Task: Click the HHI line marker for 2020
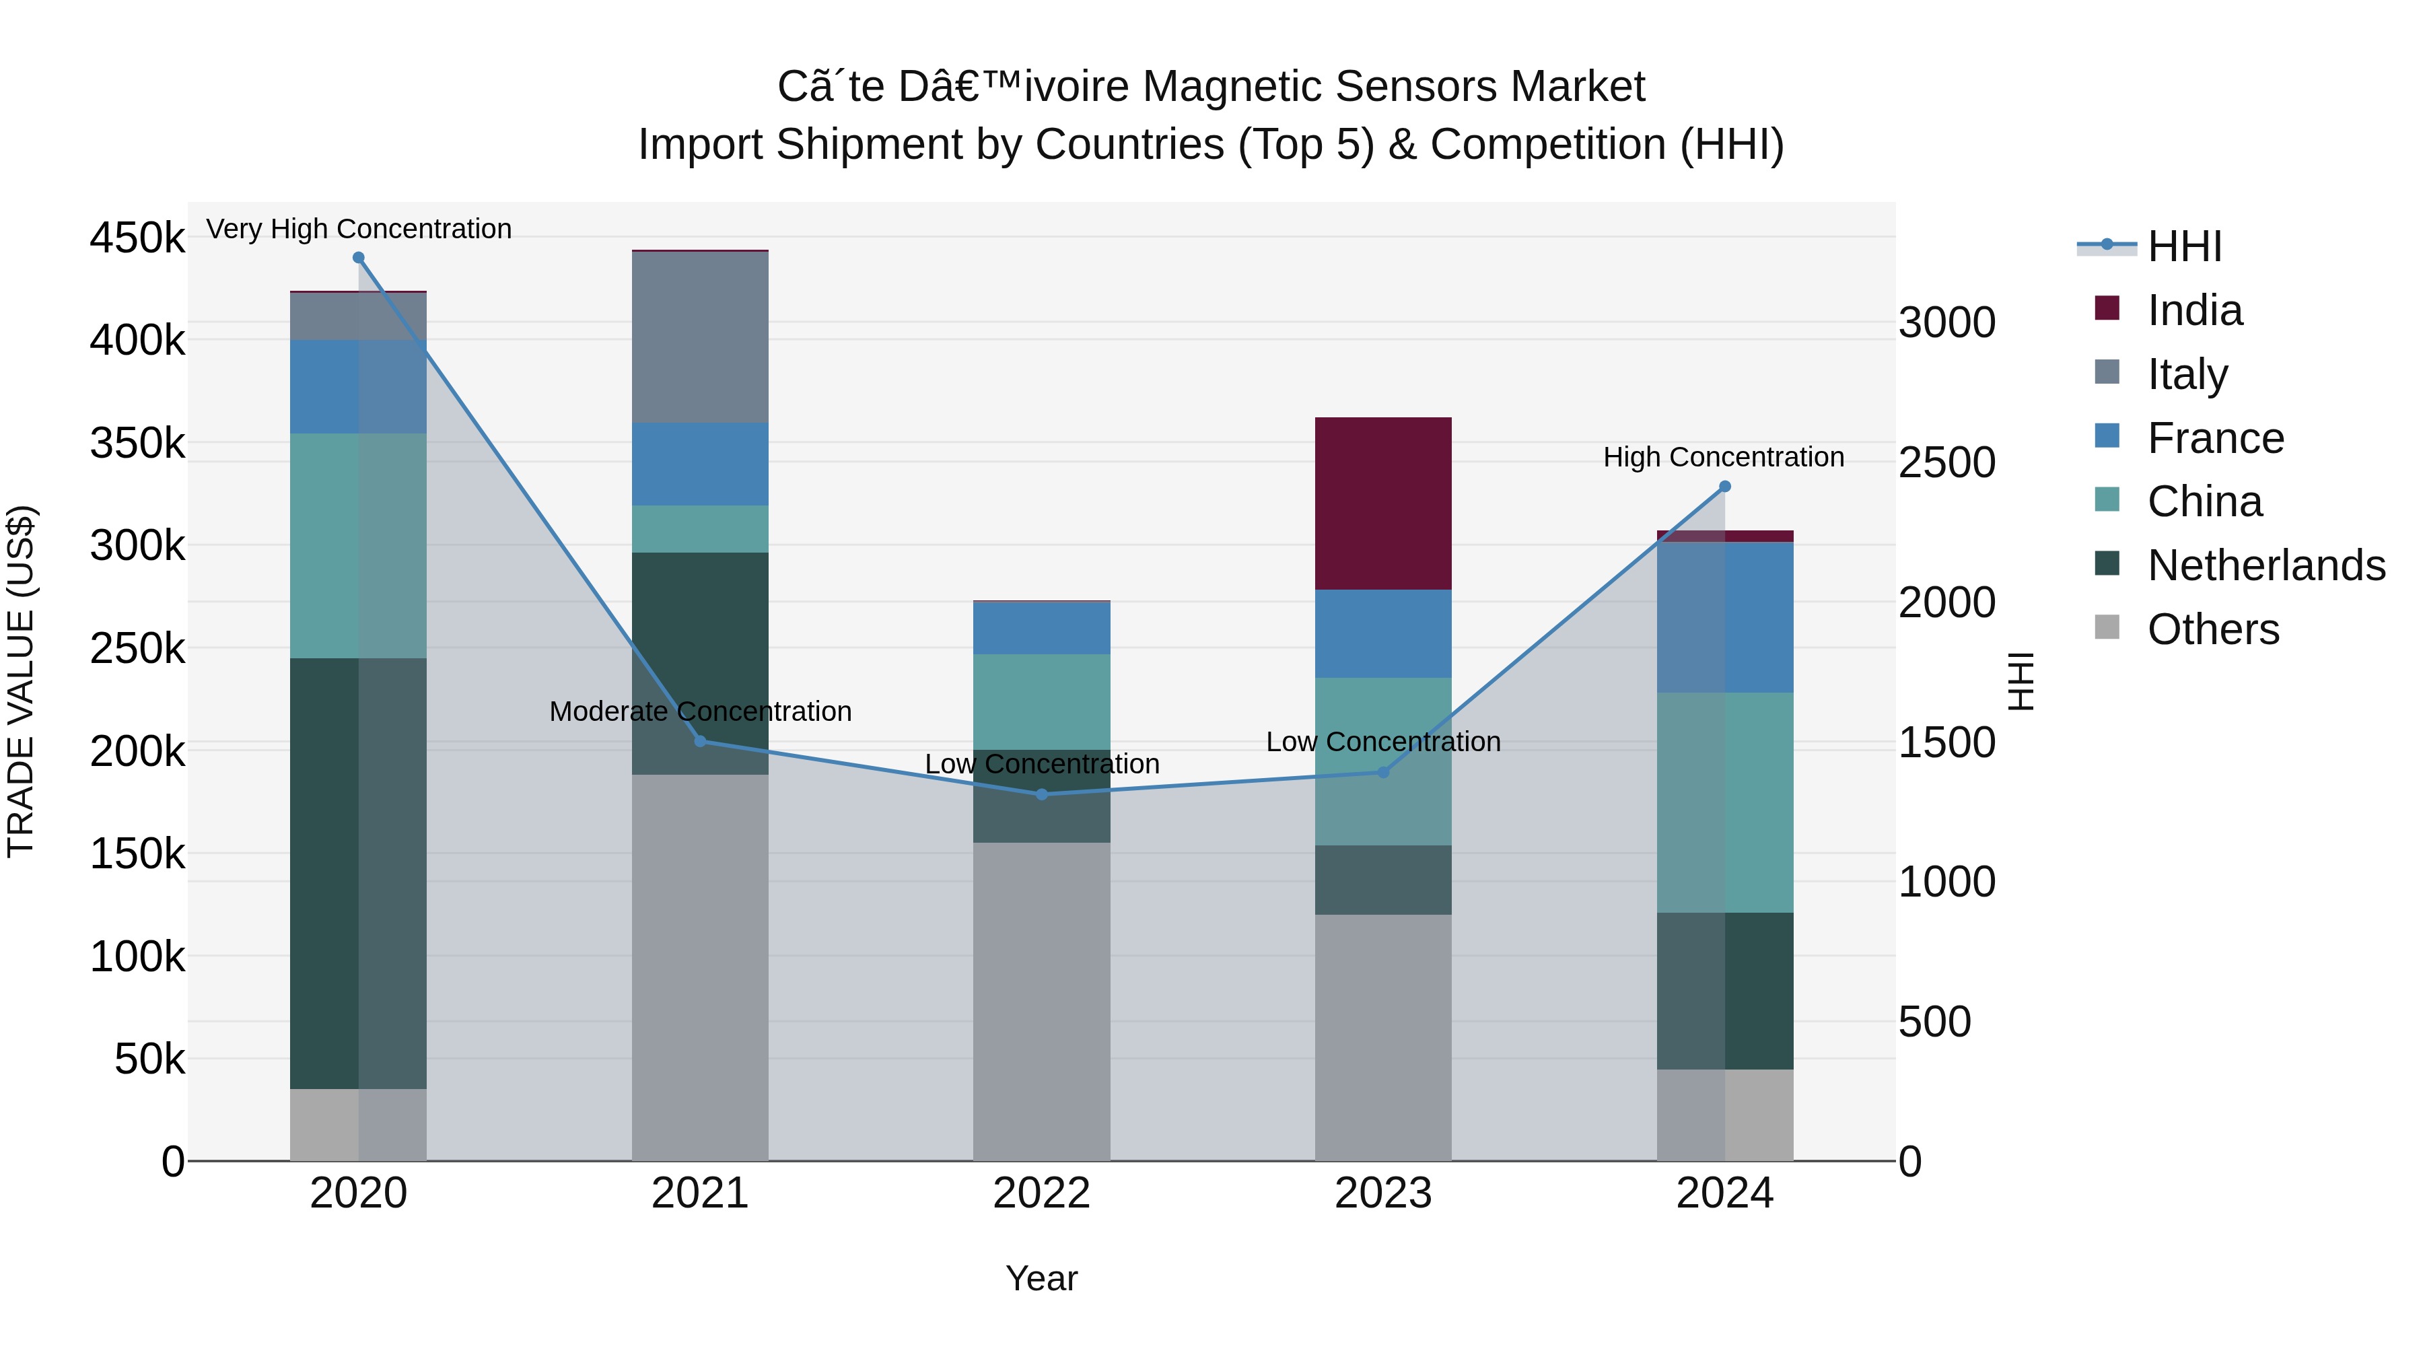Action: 358,258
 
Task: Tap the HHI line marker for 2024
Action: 1724,487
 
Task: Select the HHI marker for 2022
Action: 1041,795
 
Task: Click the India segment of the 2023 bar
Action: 1382,503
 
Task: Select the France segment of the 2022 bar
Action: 1041,629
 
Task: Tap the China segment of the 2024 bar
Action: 1724,802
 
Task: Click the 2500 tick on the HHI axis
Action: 1945,463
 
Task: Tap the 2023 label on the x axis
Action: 1382,1193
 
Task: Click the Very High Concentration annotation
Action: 358,229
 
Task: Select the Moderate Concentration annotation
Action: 700,711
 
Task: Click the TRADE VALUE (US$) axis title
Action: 21,681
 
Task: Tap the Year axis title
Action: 1041,1278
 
